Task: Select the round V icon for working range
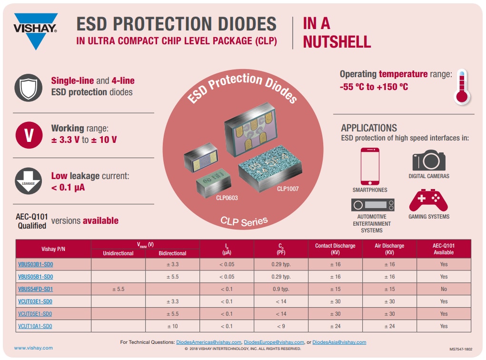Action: (29, 135)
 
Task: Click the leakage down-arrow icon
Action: (29, 180)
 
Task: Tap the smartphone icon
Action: (370, 166)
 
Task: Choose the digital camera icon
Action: (428, 160)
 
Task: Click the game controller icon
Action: (428, 200)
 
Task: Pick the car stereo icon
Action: (373, 205)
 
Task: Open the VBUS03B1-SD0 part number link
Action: (35, 264)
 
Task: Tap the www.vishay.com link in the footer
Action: (33, 348)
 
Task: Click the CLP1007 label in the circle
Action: (288, 189)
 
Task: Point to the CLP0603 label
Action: (227, 198)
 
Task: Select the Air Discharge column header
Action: (389, 249)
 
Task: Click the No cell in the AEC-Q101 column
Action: (444, 289)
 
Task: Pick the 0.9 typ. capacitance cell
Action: (281, 289)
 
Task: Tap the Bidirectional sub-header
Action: (172, 253)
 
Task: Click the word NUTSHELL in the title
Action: (337, 42)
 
